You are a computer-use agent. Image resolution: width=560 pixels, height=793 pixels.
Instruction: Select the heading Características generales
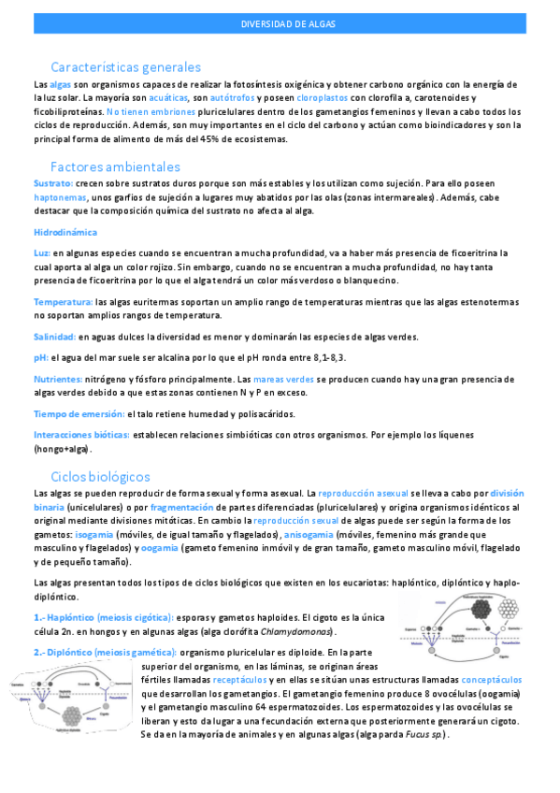tap(126, 67)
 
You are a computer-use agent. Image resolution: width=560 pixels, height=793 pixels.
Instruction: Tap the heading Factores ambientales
tap(109, 166)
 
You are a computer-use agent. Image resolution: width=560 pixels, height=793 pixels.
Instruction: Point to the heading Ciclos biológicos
tap(100, 476)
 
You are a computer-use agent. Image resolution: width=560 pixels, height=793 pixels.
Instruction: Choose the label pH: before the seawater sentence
tap(41, 358)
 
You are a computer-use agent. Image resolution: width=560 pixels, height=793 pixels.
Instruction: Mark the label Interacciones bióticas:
tap(81, 436)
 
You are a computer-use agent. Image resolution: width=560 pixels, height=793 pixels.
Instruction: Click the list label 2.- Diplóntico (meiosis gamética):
tap(103, 652)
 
